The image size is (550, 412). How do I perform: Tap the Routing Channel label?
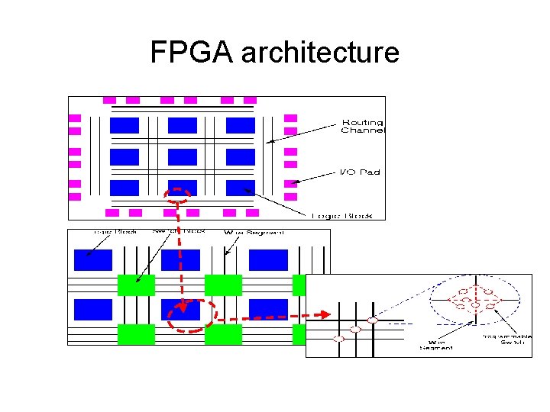(x=362, y=126)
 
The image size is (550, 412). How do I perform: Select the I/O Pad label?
(x=359, y=172)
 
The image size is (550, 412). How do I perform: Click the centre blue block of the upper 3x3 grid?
(x=183, y=156)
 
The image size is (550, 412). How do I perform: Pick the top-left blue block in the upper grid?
(x=125, y=125)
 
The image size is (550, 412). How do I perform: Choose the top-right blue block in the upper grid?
(x=240, y=125)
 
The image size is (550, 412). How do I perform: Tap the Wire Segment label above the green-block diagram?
(x=254, y=232)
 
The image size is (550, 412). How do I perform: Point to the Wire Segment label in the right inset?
(x=436, y=345)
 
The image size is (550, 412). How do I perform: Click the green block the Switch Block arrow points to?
(x=136, y=285)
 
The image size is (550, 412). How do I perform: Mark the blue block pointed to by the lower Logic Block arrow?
(x=92, y=260)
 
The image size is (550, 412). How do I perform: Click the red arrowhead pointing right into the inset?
(x=325, y=314)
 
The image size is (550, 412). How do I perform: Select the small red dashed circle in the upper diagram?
(x=179, y=196)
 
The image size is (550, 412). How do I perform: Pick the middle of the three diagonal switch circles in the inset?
(x=355, y=330)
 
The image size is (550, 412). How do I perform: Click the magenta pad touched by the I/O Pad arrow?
(x=290, y=184)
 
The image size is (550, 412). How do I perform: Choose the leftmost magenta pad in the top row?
(x=109, y=100)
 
